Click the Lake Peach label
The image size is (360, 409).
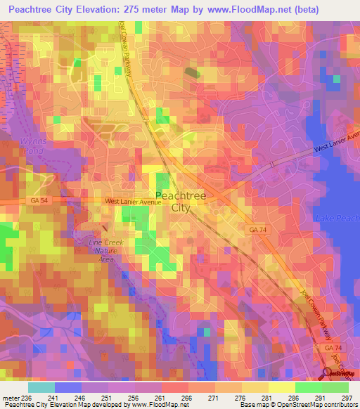[x=338, y=219]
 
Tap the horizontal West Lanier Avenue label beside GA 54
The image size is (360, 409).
[x=133, y=202]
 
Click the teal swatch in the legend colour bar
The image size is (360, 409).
[x=41, y=387]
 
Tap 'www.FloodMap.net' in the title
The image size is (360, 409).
[x=231, y=9]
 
